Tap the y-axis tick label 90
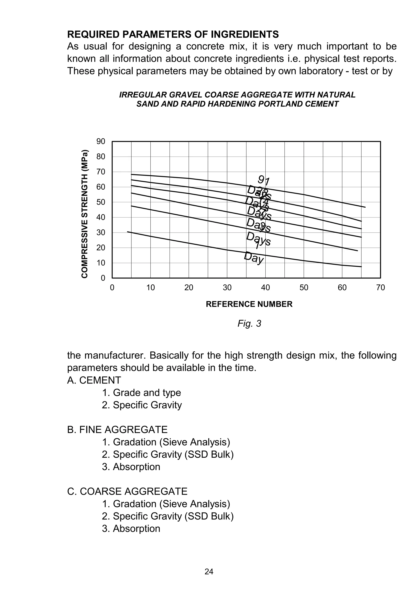[x=101, y=141]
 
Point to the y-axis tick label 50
[x=101, y=202]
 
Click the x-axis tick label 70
[x=380, y=288]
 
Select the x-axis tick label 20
[x=189, y=288]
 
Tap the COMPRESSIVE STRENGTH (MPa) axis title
[x=85, y=214]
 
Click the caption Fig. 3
[x=249, y=324]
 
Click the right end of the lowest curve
[x=361, y=266]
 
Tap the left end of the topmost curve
[x=132, y=174]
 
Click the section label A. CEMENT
[x=94, y=380]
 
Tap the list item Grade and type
[x=147, y=393]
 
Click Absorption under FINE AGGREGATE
[x=136, y=467]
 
